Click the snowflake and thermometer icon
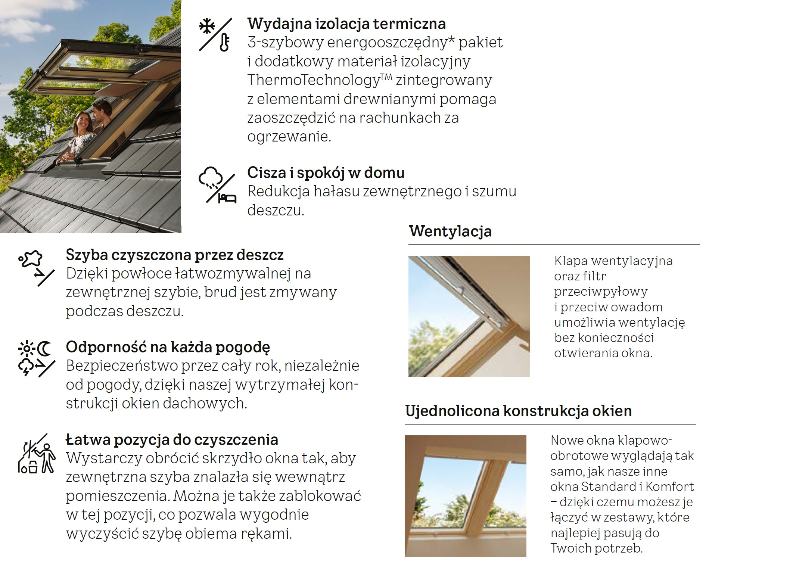[x=215, y=34]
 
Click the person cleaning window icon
[x=37, y=454]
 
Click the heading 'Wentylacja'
[x=450, y=231]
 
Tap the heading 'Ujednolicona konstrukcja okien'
[x=518, y=411]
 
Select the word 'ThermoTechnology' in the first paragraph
[x=314, y=80]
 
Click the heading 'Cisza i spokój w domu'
[x=326, y=173]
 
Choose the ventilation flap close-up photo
[x=469, y=316]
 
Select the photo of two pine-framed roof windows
[x=465, y=496]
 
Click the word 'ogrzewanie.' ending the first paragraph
[x=289, y=137]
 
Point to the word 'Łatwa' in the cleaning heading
[x=87, y=440]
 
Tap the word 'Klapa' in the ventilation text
[x=571, y=261]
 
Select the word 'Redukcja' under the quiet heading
[x=279, y=192]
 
